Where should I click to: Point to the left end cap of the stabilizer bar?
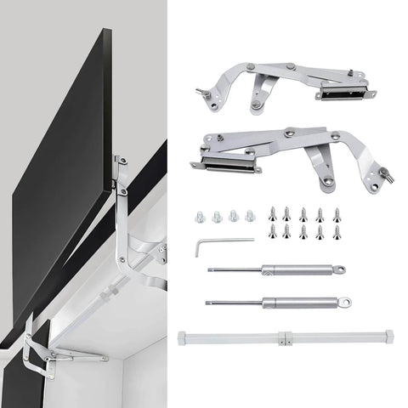point(183,337)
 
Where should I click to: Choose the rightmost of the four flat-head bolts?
point(249,216)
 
